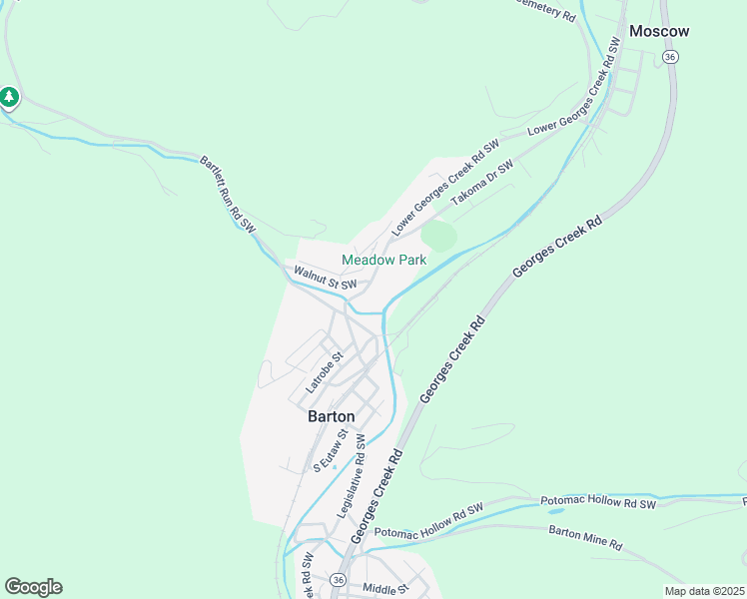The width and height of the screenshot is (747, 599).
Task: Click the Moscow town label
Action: click(x=660, y=31)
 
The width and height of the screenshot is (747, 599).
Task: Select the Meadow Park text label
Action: click(x=383, y=260)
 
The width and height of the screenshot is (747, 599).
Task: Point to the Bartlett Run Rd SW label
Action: click(x=228, y=195)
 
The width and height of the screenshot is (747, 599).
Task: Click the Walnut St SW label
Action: click(x=326, y=278)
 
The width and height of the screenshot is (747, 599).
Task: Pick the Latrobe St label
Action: click(x=325, y=370)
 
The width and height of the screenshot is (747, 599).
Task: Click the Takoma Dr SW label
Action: click(x=481, y=183)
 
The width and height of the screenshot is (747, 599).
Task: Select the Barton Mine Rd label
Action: click(x=585, y=538)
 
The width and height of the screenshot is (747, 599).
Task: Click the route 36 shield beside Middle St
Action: click(x=340, y=580)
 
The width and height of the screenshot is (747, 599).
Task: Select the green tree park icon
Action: click(x=9, y=97)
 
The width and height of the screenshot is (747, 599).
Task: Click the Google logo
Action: click(x=33, y=587)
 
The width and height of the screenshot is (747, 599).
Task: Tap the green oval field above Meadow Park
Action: click(x=439, y=237)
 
